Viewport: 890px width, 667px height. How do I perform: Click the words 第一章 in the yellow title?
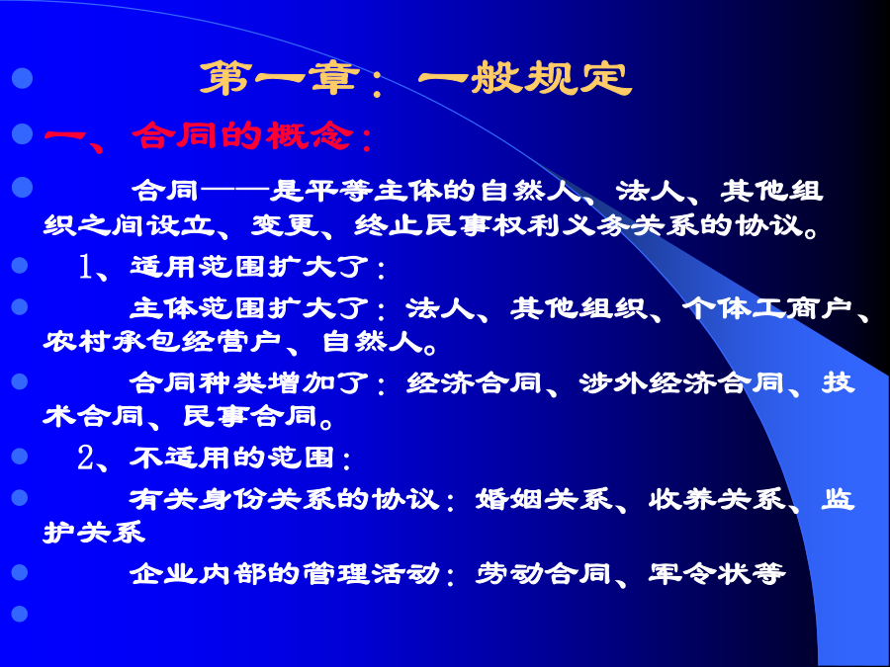click(x=280, y=78)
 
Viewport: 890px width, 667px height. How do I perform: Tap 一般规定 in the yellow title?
click(x=525, y=78)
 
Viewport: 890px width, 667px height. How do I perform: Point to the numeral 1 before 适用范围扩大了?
click(x=86, y=267)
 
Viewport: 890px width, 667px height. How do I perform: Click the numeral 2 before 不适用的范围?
click(x=85, y=458)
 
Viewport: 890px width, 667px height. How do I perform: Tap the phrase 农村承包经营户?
click(x=162, y=342)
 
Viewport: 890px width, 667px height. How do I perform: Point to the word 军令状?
click(x=700, y=573)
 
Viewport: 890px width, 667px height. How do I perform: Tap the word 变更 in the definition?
click(x=284, y=225)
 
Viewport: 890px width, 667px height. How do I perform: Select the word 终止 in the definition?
click(x=388, y=225)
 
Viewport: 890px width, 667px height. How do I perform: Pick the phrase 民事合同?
click(x=249, y=417)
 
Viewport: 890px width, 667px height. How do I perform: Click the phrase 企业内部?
click(x=198, y=573)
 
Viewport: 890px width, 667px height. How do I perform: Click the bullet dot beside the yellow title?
click(x=22, y=78)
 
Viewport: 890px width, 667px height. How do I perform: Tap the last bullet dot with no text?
click(x=20, y=614)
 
